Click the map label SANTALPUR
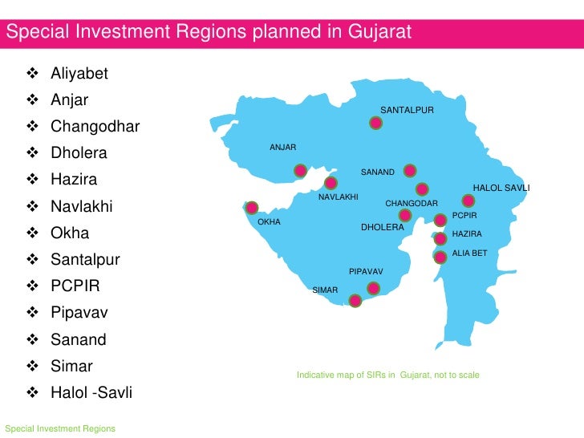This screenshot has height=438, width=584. pyautogui.click(x=407, y=109)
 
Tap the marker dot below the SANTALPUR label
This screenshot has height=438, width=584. pyautogui.click(x=375, y=124)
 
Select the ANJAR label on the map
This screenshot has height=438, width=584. pyautogui.click(x=283, y=148)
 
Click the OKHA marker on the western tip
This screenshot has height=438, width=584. pyautogui.click(x=252, y=207)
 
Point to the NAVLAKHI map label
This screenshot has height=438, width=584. pyautogui.click(x=339, y=197)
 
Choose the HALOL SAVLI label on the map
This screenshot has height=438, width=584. pyautogui.click(x=501, y=188)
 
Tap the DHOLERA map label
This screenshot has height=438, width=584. pyautogui.click(x=382, y=228)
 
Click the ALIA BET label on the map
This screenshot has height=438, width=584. pyautogui.click(x=470, y=253)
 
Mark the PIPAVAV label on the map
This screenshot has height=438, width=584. pyautogui.click(x=366, y=272)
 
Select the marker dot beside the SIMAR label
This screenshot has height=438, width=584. pyautogui.click(x=355, y=301)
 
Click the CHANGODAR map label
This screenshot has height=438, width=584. pyautogui.click(x=412, y=204)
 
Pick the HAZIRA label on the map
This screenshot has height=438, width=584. pyautogui.click(x=468, y=234)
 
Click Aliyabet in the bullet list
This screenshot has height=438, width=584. pyautogui.click(x=79, y=75)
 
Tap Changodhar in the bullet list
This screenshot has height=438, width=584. pyautogui.click(x=95, y=128)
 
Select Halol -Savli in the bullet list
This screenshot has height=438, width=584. pyautogui.click(x=91, y=393)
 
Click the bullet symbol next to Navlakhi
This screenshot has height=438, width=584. pyautogui.click(x=33, y=207)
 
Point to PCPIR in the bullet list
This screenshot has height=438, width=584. pyautogui.click(x=75, y=286)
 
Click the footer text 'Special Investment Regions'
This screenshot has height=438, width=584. pyautogui.click(x=60, y=428)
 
